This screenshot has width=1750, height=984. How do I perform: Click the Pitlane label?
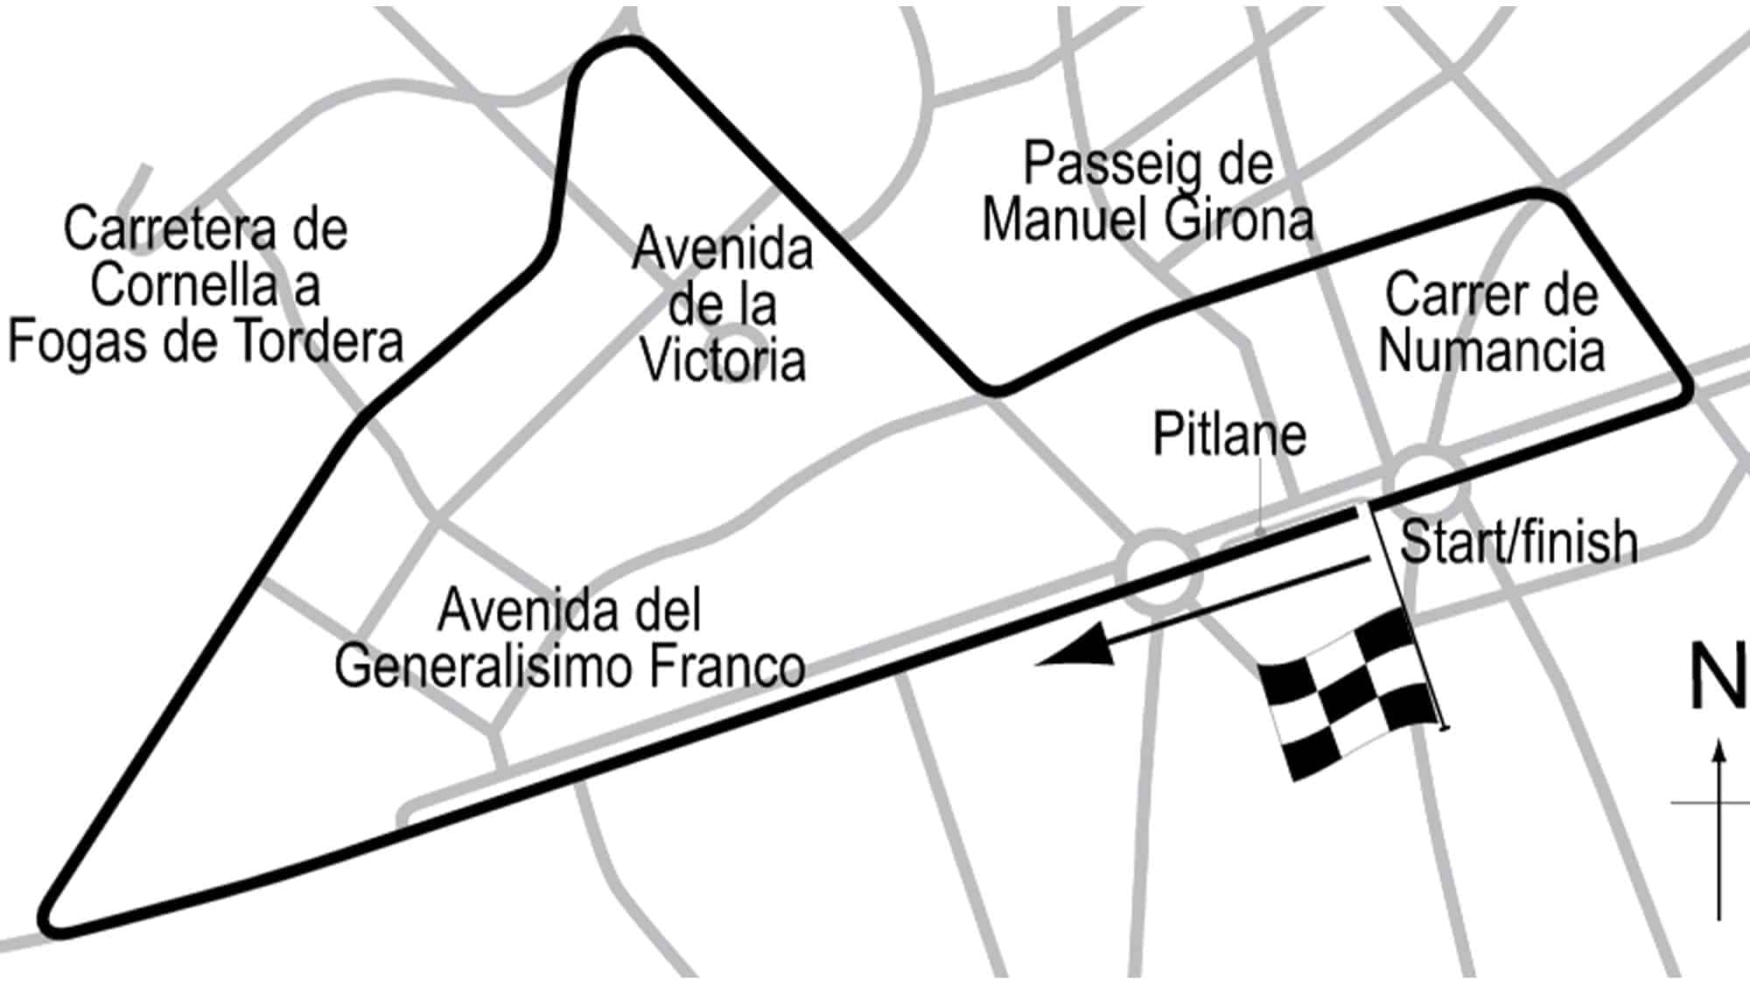[x=1228, y=434]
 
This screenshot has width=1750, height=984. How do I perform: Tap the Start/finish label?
[x=1519, y=542]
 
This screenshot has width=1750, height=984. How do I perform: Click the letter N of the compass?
[x=1718, y=678]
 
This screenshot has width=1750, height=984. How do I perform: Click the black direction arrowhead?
[x=1076, y=651]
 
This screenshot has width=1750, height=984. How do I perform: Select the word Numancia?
[x=1491, y=350]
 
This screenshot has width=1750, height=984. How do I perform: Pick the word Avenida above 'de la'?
[x=723, y=248]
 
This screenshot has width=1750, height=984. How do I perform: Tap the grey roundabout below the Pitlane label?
[x=1158, y=569]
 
